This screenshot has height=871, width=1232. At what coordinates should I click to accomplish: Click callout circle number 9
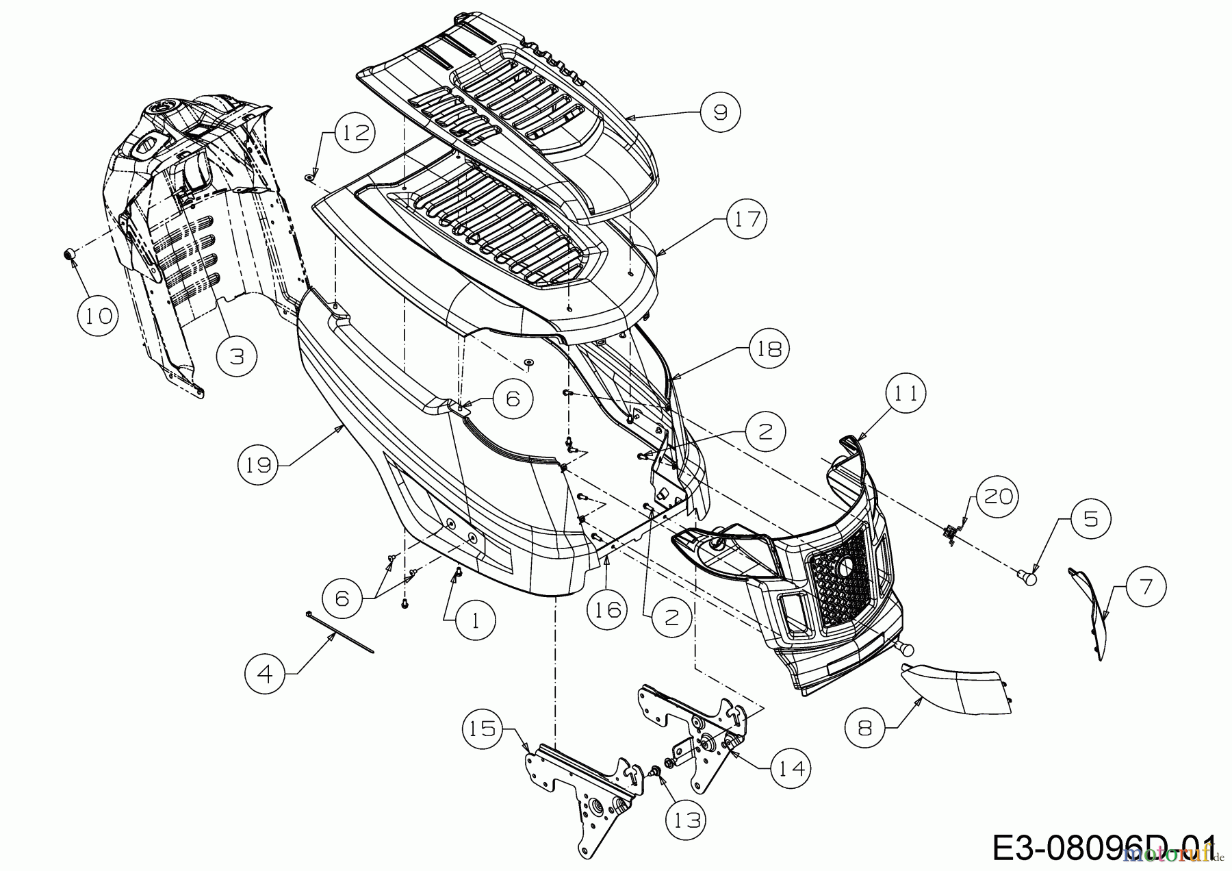click(x=721, y=112)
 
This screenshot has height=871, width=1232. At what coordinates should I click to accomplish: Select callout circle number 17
click(x=747, y=219)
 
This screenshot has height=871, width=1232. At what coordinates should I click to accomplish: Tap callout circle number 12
click(x=355, y=133)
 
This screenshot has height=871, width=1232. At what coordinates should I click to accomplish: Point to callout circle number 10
click(x=98, y=316)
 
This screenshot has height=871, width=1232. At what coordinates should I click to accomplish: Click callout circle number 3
click(x=237, y=357)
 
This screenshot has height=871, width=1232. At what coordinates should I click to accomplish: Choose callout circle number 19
click(x=259, y=466)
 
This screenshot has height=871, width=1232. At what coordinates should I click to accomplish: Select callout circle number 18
click(x=769, y=349)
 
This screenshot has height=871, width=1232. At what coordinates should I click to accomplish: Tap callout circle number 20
click(x=997, y=496)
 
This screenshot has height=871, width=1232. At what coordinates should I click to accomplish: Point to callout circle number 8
click(x=865, y=727)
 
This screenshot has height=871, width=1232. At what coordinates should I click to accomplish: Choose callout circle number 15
click(x=483, y=728)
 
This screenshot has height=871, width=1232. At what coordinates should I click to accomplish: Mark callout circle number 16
click(x=608, y=609)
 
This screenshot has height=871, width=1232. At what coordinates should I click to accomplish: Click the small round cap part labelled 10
click(x=68, y=254)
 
